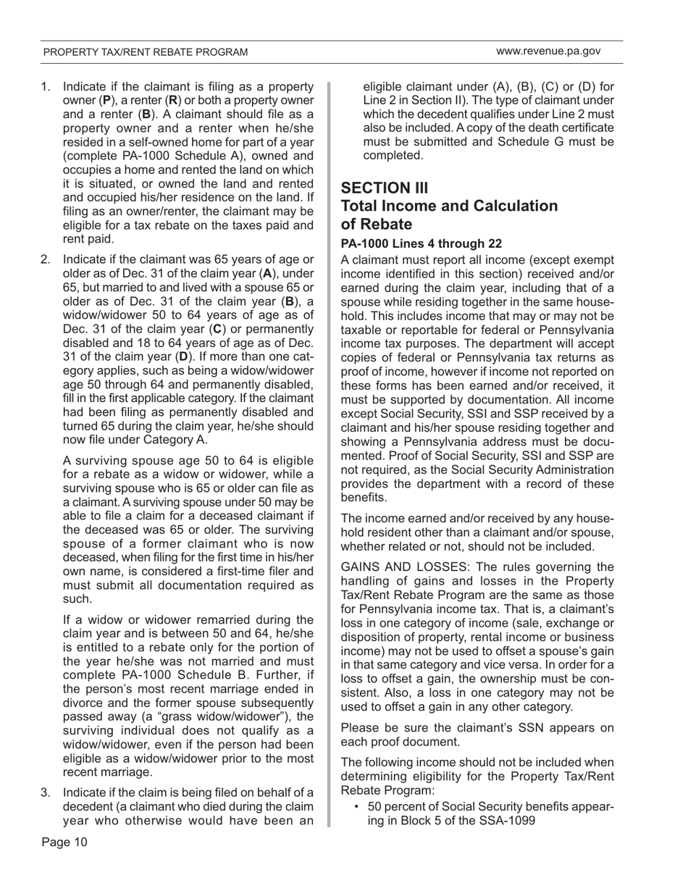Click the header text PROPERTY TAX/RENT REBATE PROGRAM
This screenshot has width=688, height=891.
tap(145, 52)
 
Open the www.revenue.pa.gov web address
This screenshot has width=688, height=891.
tap(548, 51)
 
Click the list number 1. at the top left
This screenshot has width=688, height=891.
tap(46, 86)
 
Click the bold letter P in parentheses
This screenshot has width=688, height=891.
tap(105, 100)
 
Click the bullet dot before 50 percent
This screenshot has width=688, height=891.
tap(358, 808)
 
